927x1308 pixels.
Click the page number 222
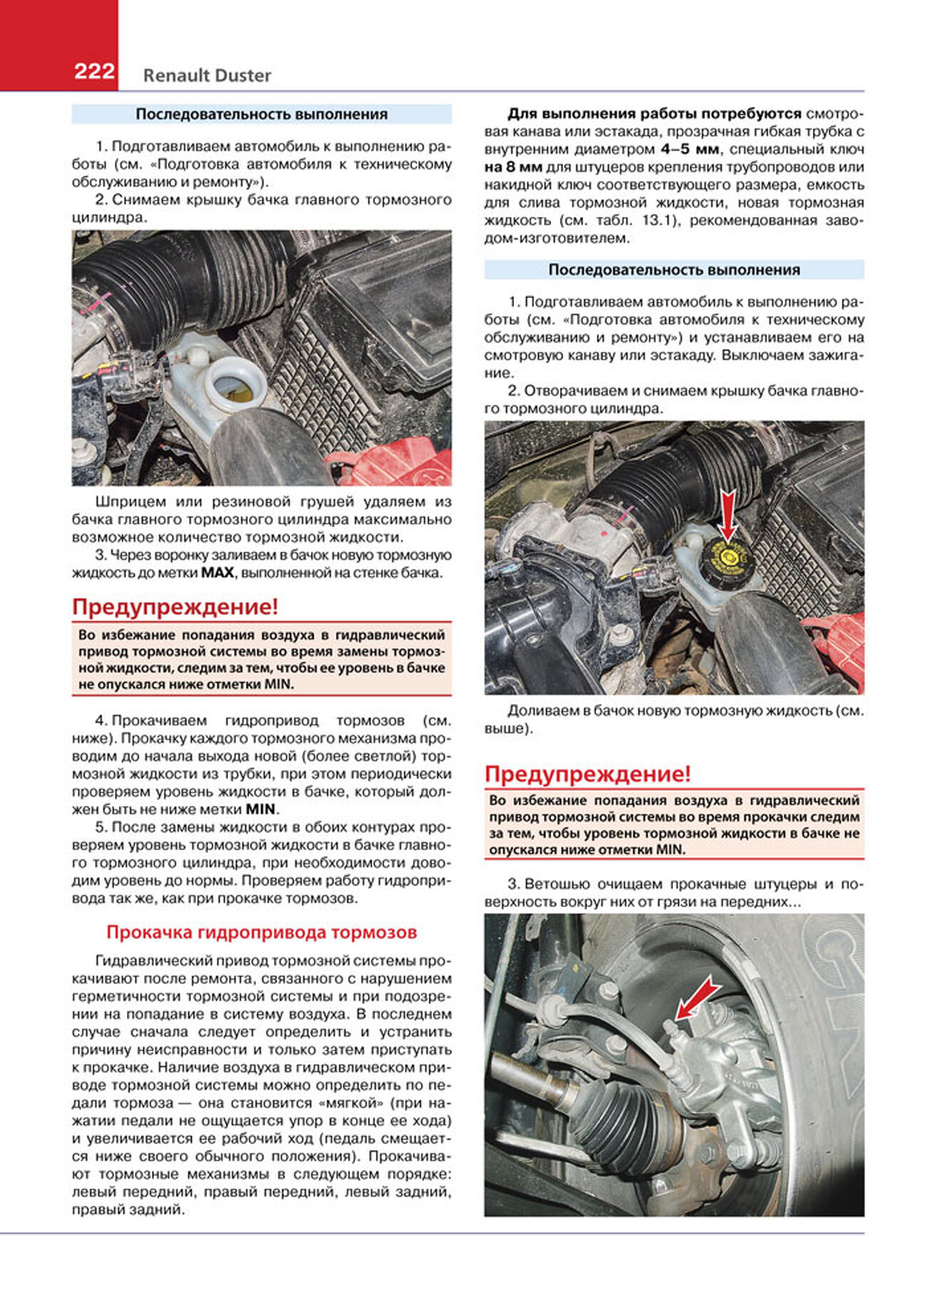coord(94,71)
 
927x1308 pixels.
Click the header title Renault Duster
coord(207,76)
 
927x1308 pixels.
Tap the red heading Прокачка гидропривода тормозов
coord(261,932)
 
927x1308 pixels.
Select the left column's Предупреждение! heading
coord(175,607)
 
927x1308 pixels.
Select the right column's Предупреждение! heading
coord(588,774)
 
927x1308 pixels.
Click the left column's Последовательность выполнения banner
coord(262,114)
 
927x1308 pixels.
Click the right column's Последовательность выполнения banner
coord(674,270)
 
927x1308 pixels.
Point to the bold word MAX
coord(217,573)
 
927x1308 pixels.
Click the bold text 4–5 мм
coord(690,150)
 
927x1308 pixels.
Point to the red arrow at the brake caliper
coord(697,998)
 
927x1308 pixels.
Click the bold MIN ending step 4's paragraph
coord(260,809)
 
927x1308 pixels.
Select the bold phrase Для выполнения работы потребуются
coord(654,114)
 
